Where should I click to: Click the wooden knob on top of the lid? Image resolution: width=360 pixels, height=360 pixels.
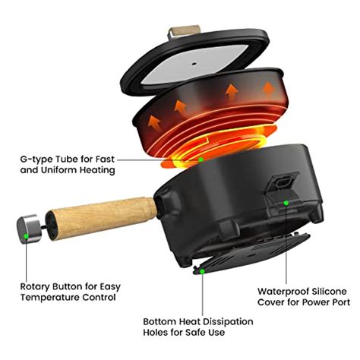click(x=179, y=31)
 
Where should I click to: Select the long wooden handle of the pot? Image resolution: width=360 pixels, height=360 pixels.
click(x=102, y=216)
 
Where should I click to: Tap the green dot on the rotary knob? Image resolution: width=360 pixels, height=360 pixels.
click(x=27, y=236)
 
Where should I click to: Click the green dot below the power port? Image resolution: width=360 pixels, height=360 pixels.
click(x=286, y=203)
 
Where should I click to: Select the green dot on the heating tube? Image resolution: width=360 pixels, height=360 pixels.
click(x=201, y=159)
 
